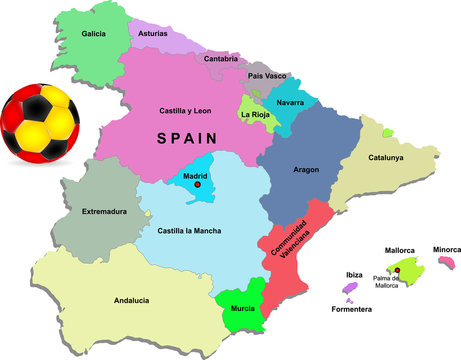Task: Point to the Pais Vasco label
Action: [268, 75]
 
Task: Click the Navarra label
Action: [290, 102]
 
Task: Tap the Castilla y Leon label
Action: [187, 111]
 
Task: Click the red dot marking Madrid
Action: [198, 185]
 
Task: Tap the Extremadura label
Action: [105, 212]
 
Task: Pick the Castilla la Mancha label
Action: [190, 231]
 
